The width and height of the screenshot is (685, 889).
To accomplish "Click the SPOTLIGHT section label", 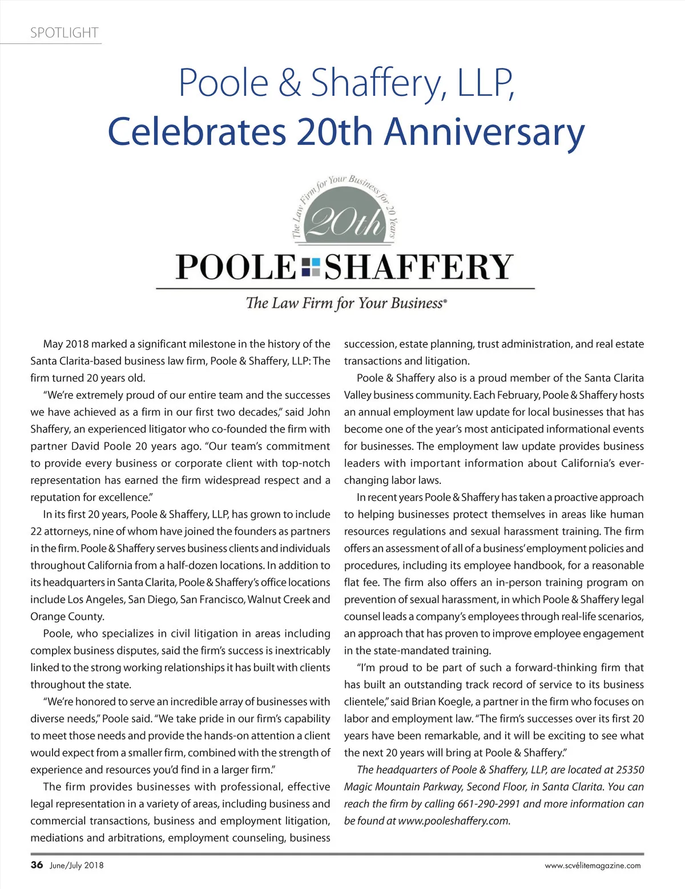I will [x=65, y=33].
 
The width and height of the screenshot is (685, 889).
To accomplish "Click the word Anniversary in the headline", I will [x=485, y=132].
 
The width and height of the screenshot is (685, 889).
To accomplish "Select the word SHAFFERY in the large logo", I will [x=418, y=267].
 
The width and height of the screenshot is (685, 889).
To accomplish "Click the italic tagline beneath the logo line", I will [x=345, y=303].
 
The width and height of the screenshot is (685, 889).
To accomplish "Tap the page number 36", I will [x=37, y=864].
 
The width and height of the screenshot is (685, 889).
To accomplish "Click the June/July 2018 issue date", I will [x=76, y=865].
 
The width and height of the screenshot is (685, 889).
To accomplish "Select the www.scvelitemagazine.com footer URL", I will [x=593, y=865].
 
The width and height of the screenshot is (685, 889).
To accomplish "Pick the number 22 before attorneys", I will [x=37, y=531].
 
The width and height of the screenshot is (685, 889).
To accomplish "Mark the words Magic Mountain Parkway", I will [x=403, y=787].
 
